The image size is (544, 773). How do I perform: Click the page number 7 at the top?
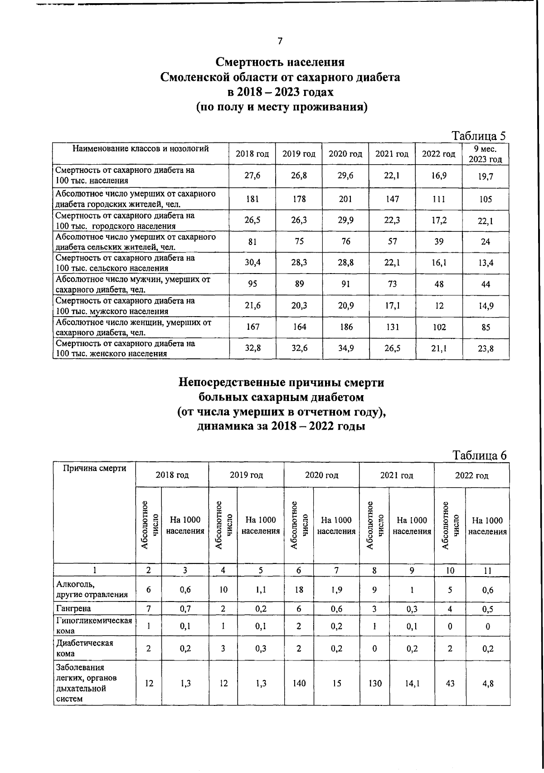point(280,41)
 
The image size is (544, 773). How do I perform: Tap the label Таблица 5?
point(479,136)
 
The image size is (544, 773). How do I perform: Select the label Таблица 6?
point(480,455)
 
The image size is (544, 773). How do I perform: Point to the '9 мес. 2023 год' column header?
point(485,154)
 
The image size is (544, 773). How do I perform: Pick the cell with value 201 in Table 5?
point(345,199)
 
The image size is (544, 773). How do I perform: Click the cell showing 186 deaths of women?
point(345,327)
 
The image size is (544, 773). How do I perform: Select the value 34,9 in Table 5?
point(345,348)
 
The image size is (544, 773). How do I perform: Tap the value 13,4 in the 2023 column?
point(485,263)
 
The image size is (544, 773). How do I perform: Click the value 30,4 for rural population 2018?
point(253,263)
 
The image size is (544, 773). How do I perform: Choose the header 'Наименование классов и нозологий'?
point(141,148)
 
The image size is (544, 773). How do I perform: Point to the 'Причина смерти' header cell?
point(94,468)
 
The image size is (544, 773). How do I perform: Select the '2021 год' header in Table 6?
point(396,475)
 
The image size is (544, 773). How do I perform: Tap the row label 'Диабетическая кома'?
point(78,648)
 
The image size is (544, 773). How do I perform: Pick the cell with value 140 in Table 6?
point(299,683)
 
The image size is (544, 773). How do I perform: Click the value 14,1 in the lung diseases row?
point(412,683)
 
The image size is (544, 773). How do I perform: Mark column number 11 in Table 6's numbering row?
point(487,570)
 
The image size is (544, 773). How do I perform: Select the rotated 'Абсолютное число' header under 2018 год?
point(149,525)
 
